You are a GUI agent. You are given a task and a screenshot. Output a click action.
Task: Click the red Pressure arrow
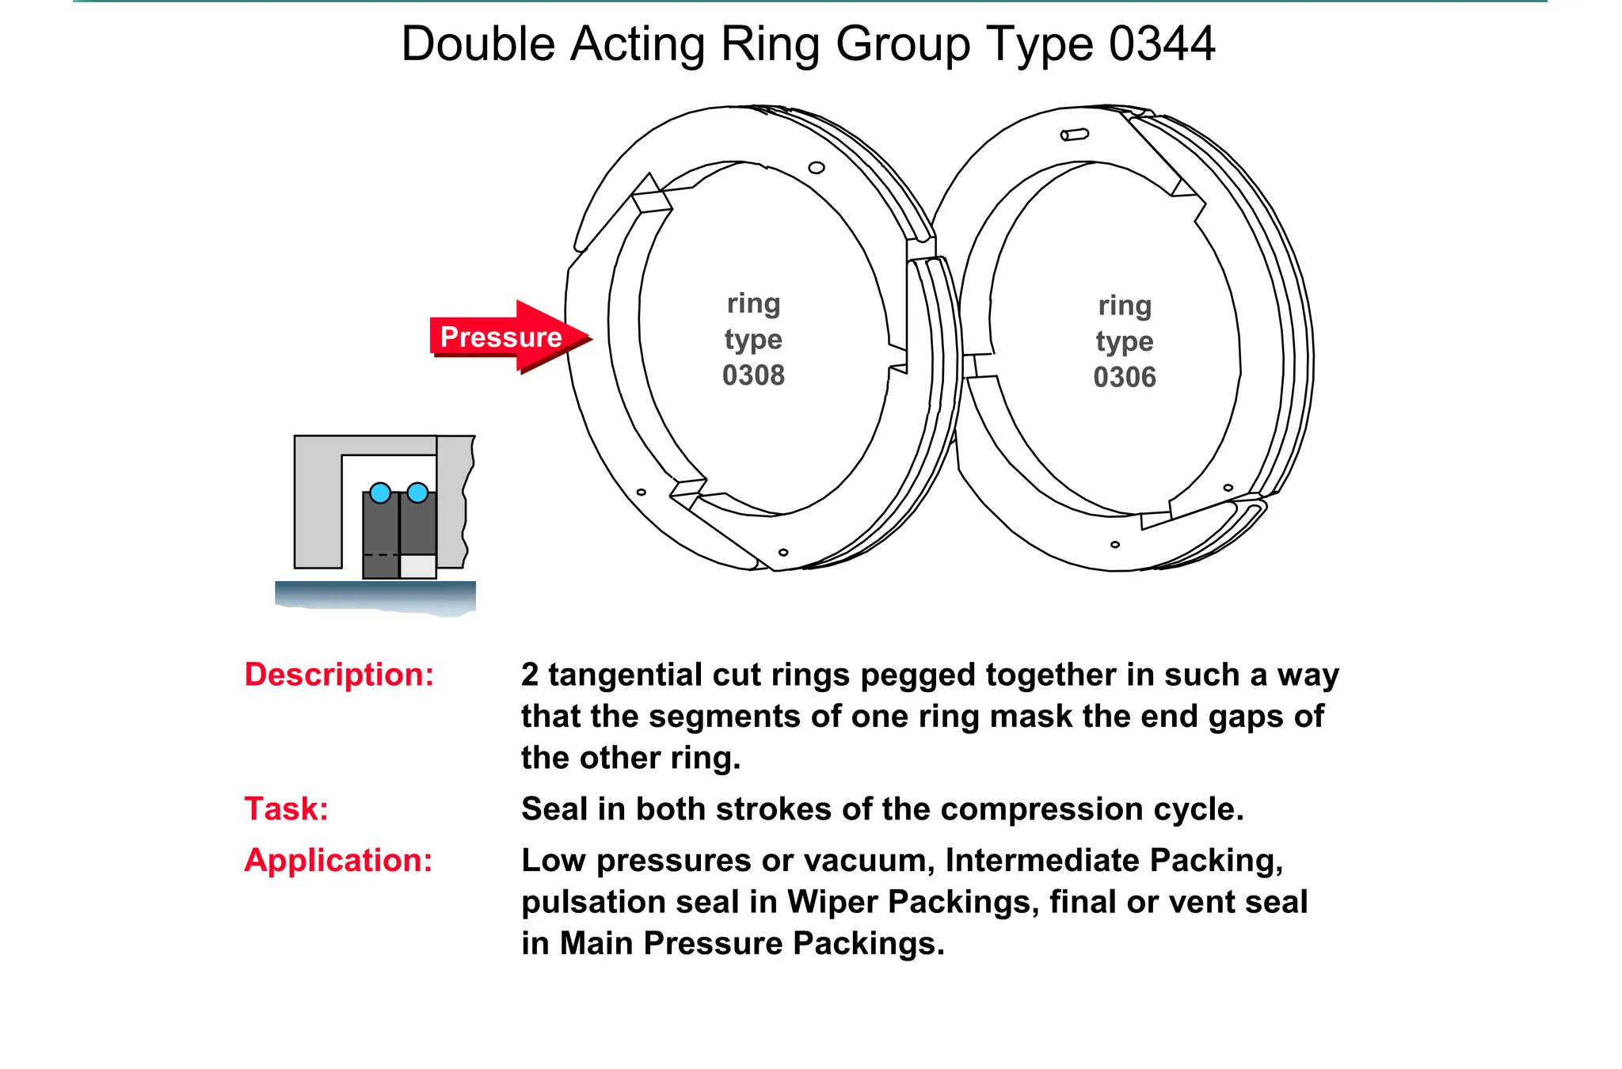coord(507,337)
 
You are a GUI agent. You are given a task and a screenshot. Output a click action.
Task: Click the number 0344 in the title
coord(1161,44)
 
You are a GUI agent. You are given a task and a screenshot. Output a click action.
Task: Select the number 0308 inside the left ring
coord(753,375)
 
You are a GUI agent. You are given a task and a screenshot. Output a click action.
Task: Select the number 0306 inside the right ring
coord(1125,378)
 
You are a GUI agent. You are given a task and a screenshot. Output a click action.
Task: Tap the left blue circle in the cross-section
coord(380,493)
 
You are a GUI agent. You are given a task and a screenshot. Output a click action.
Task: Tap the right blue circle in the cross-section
coord(417,493)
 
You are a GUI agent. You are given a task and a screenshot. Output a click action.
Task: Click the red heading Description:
coord(339,675)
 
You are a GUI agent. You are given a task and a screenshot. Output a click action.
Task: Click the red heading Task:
coord(286,809)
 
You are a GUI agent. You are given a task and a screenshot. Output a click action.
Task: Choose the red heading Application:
coord(338,861)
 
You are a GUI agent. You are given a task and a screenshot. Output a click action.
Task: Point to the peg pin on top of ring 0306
coord(1075,135)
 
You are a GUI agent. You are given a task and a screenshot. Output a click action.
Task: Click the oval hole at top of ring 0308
coord(817,168)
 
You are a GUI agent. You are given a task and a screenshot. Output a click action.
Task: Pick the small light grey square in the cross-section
coord(418,566)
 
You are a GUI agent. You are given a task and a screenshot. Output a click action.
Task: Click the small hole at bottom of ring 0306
coord(1115,545)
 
